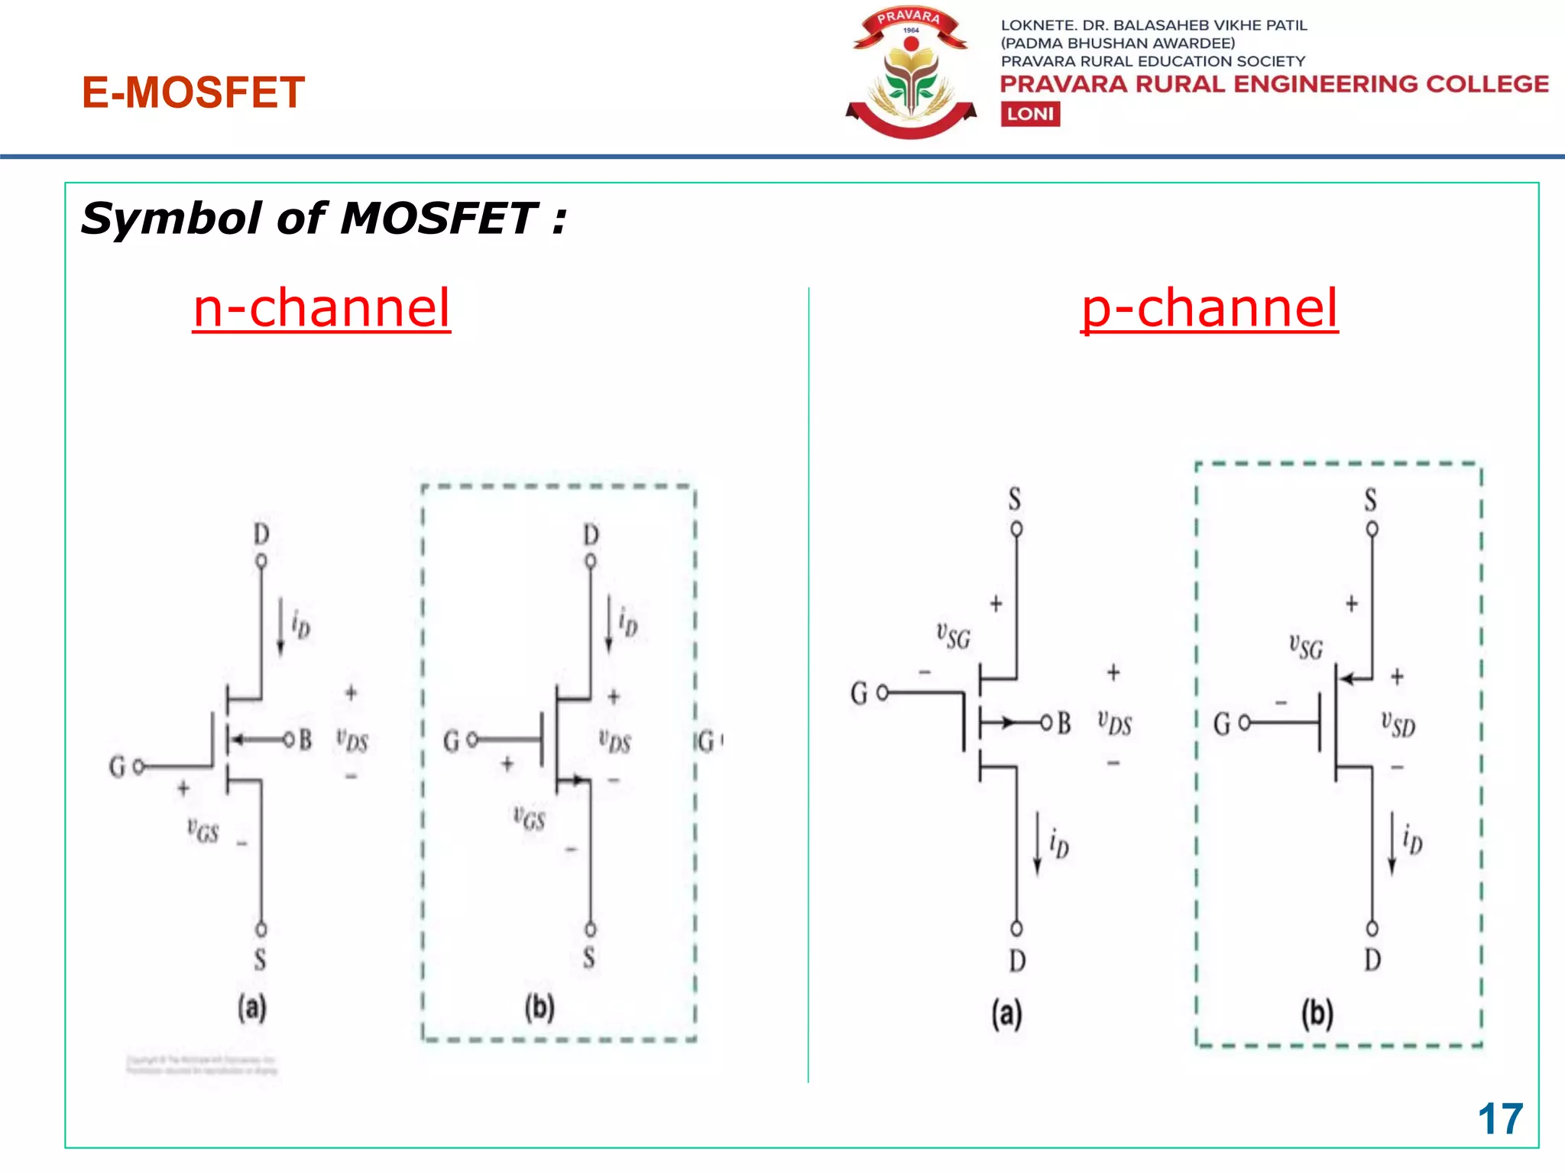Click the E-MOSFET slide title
tap(193, 92)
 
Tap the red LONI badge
tap(1030, 114)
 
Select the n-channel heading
tap(322, 308)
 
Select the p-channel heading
tap(1210, 308)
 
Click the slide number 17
tap(1500, 1119)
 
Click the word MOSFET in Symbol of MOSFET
tap(439, 219)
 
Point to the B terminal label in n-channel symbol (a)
tap(305, 739)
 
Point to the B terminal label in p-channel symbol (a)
tap(1064, 722)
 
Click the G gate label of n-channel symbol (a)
tap(117, 766)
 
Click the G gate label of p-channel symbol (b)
tap(1222, 723)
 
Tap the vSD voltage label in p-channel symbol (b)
tap(1398, 724)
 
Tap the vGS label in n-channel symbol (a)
tap(203, 830)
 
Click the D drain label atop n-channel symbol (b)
tap(591, 534)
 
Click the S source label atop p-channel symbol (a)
tap(1015, 499)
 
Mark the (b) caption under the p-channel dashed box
tap(1317, 1013)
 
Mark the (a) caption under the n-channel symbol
tap(251, 1007)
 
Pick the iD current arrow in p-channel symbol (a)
tap(1037, 843)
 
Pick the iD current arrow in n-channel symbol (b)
tap(609, 624)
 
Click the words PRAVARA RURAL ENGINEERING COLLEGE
tap(1275, 84)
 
